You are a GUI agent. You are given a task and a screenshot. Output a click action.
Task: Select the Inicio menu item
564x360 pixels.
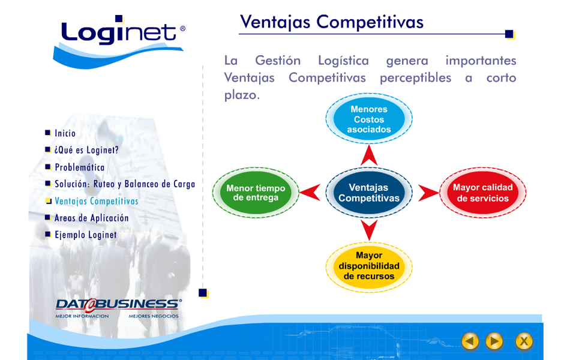pyautogui.click(x=65, y=133)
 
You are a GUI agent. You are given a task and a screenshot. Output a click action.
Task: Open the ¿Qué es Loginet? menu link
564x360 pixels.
pyautogui.click(x=86, y=150)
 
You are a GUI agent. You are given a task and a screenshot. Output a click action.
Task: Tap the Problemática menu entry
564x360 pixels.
pyautogui.click(x=79, y=167)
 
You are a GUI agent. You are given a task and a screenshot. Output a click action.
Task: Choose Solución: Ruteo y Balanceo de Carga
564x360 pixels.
pyautogui.click(x=125, y=184)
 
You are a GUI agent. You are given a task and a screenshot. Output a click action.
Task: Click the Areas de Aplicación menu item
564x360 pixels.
pyautogui.click(x=91, y=218)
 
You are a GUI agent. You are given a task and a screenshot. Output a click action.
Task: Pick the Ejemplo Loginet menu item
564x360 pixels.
pyautogui.click(x=86, y=235)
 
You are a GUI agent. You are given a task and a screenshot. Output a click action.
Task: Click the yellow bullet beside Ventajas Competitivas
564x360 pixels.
pyautogui.click(x=48, y=201)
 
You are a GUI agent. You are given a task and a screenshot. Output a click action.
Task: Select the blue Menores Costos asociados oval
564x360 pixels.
pyautogui.click(x=369, y=119)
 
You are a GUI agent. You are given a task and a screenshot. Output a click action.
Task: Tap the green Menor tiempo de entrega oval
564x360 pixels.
pyautogui.click(x=256, y=193)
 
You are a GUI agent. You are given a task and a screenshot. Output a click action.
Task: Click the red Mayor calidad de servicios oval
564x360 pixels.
pyautogui.click(x=483, y=193)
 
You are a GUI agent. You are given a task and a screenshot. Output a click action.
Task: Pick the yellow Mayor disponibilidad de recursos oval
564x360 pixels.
pyautogui.click(x=369, y=267)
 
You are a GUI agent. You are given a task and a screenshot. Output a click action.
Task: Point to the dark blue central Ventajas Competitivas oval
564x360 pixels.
pyautogui.click(x=369, y=193)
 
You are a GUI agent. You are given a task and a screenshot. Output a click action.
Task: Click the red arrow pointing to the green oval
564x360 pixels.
pyautogui.click(x=310, y=193)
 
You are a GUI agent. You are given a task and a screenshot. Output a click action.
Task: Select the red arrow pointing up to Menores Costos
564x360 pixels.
pyautogui.click(x=369, y=155)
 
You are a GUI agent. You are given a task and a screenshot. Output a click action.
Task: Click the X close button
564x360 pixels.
pyautogui.click(x=524, y=341)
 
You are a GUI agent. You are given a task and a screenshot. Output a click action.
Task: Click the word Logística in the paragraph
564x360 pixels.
pyautogui.click(x=344, y=61)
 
